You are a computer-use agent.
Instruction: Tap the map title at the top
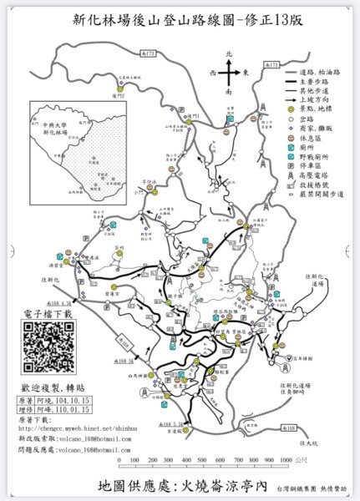point(180,23)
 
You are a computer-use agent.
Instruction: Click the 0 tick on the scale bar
point(120,460)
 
